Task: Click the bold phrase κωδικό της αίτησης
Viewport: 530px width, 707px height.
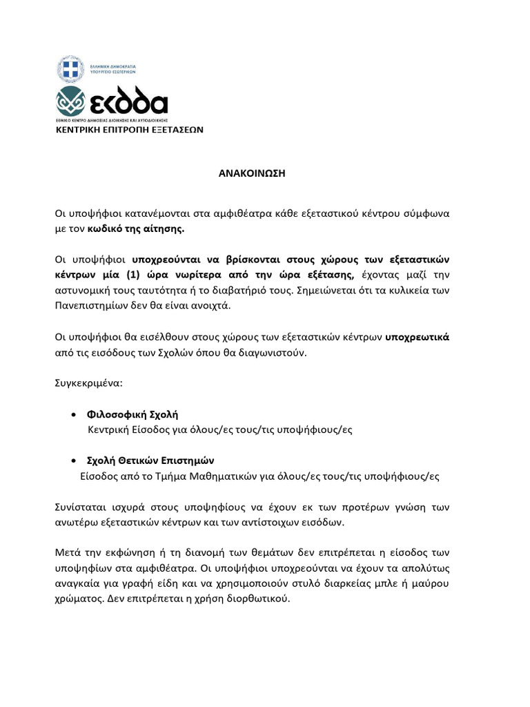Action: (x=136, y=228)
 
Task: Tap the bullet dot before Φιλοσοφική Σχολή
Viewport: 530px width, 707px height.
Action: (x=73, y=415)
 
